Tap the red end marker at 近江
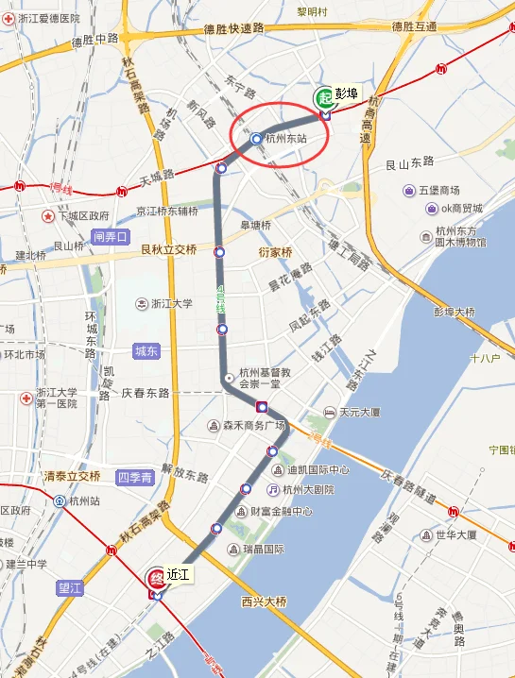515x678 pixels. point(157,579)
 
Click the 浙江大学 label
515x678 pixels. point(171,304)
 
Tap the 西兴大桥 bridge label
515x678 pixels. point(265,601)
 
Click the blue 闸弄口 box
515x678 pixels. point(111,237)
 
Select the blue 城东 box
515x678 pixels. point(146,350)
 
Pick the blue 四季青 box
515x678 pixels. point(134,477)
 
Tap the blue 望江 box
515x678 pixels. point(70,586)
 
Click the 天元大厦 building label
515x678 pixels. point(359,413)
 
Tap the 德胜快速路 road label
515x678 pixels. point(233,29)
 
